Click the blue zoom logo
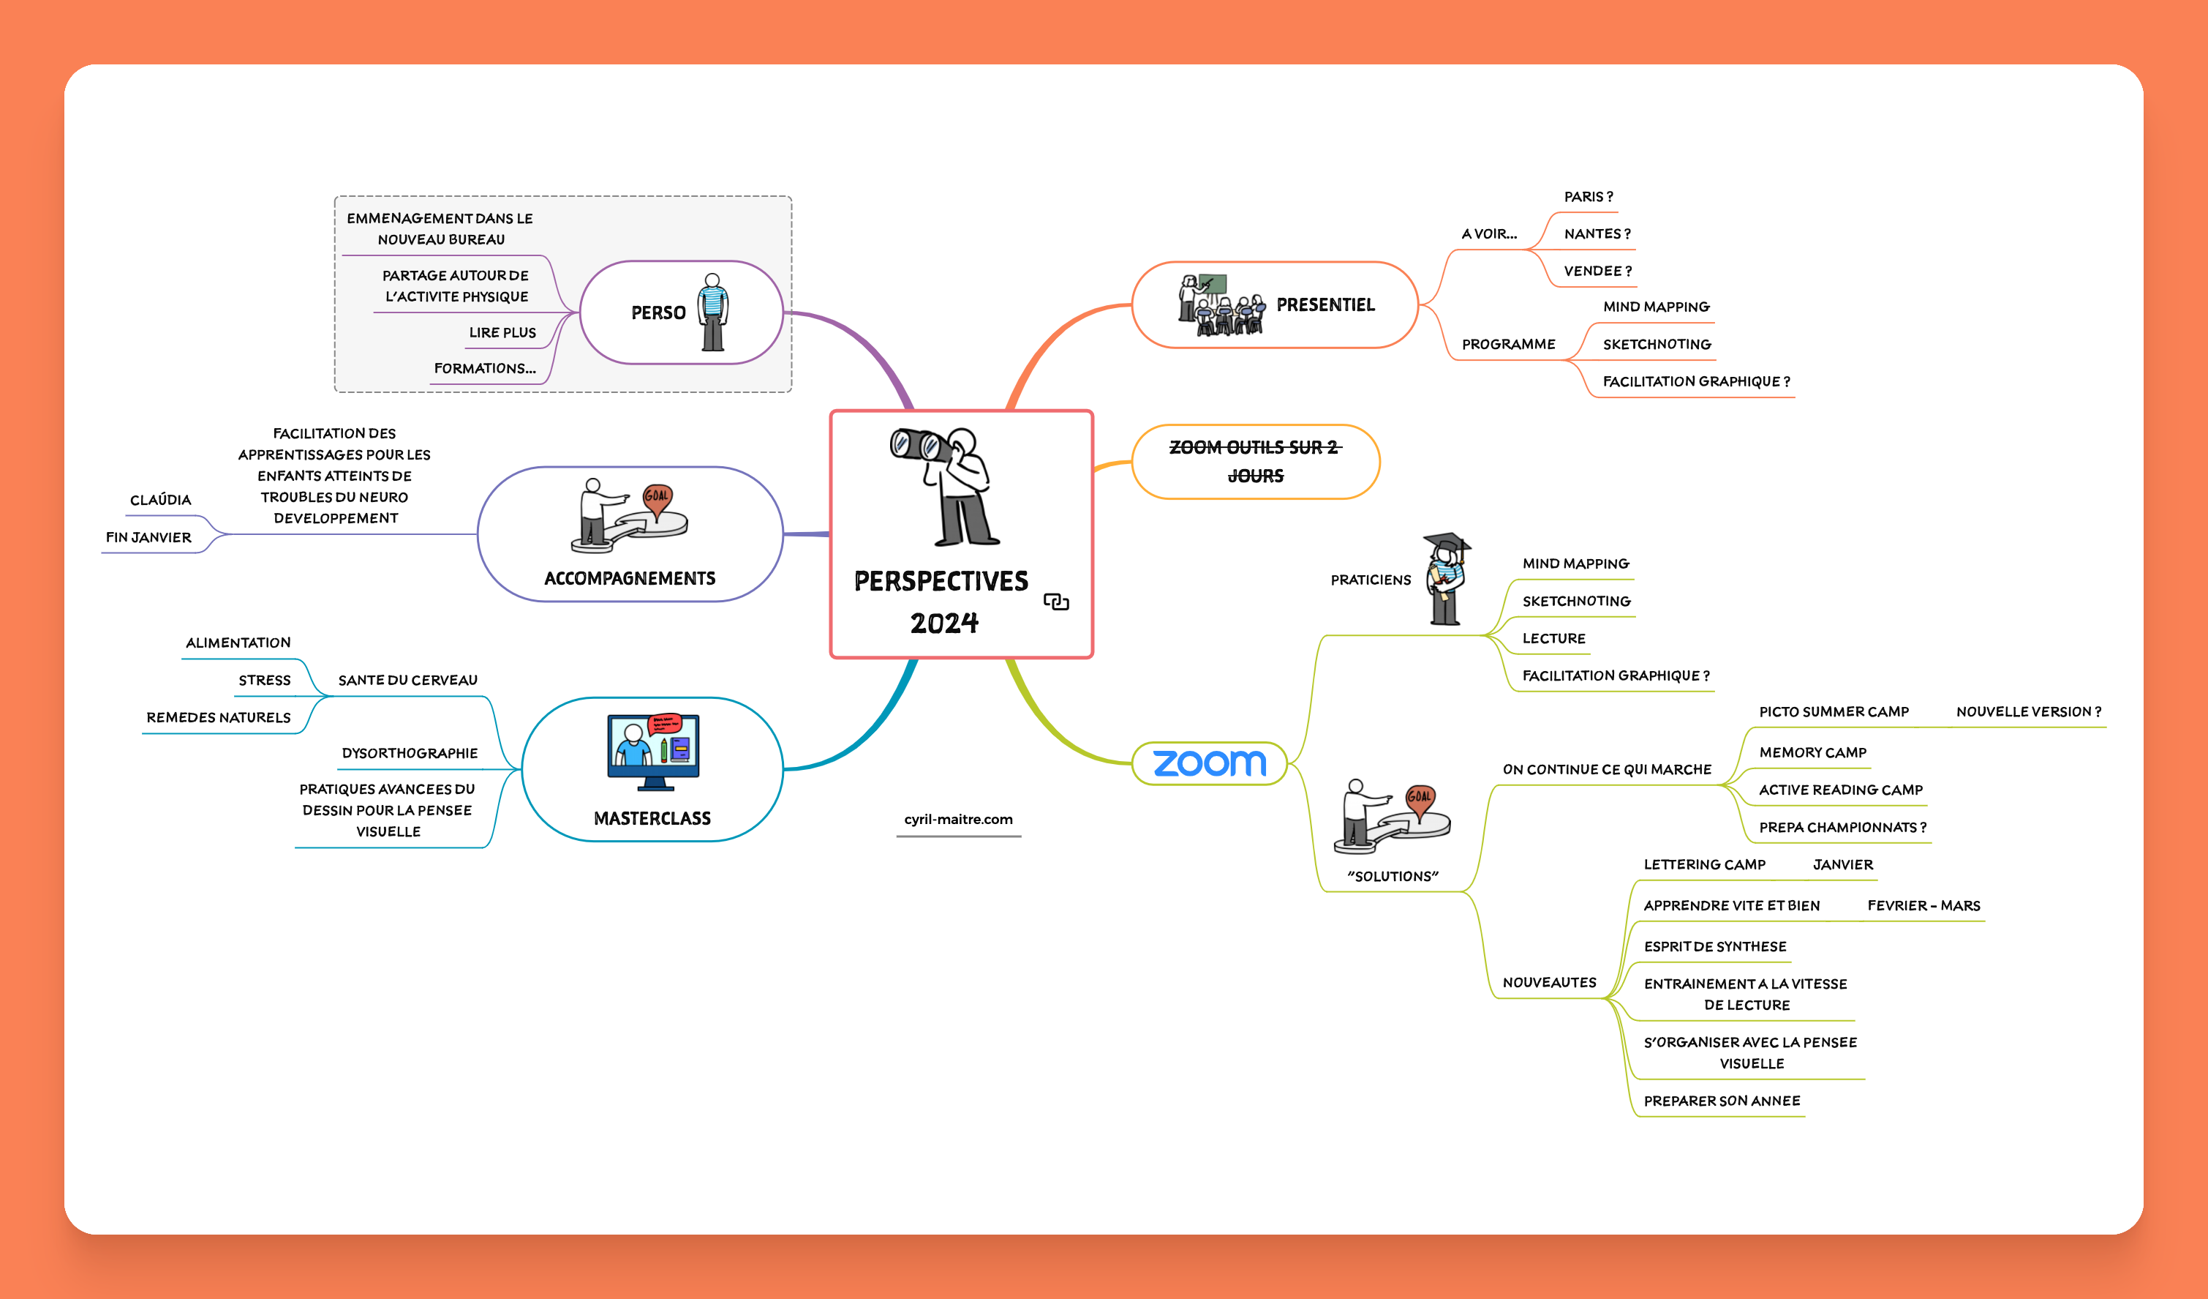1209,763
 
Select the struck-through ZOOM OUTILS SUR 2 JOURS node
1255,462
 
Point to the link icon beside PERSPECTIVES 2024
1056,602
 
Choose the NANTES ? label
1597,234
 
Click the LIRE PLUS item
502,333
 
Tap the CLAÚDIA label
160,501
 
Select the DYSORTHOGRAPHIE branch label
409,754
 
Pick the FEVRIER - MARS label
1923,906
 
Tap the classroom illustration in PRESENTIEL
1221,305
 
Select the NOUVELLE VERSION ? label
2028,713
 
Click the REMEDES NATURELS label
218,718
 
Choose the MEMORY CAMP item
1812,753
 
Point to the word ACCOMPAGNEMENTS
629,578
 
